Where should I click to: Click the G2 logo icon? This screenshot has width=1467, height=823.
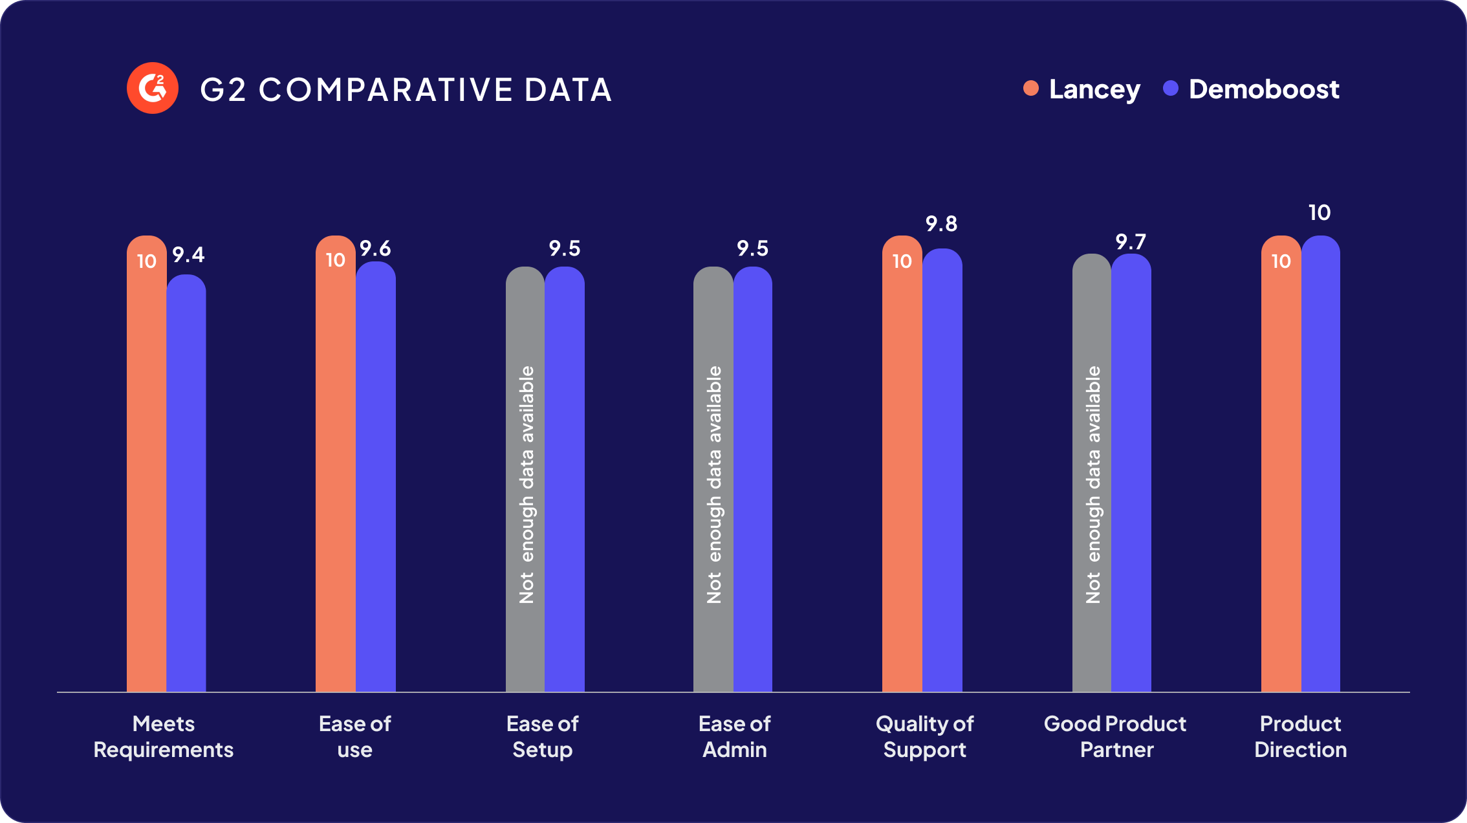pos(153,88)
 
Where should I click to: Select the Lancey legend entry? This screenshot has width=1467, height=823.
pos(1082,89)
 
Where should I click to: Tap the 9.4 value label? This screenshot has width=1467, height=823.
pos(188,255)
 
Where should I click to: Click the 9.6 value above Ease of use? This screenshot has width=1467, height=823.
pos(376,248)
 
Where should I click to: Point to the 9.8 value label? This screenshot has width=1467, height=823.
pos(941,224)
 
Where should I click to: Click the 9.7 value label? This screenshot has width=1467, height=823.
pos(1131,242)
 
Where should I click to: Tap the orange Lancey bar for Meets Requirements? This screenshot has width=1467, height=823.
pos(147,472)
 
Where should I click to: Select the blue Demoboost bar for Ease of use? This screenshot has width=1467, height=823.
pos(376,479)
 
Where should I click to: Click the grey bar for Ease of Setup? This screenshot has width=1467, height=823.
pos(525,479)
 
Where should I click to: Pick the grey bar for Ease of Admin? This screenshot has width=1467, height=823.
pos(713,479)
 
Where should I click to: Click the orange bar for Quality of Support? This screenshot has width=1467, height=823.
pos(902,472)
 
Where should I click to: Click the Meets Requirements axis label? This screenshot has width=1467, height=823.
pos(164,736)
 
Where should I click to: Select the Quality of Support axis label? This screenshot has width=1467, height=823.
pos(924,736)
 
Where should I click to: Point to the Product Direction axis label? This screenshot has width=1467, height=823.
pos(1300,736)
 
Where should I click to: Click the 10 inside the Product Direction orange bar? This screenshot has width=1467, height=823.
pos(1281,261)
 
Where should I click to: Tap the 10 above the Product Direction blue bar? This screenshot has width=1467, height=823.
pos(1320,213)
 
